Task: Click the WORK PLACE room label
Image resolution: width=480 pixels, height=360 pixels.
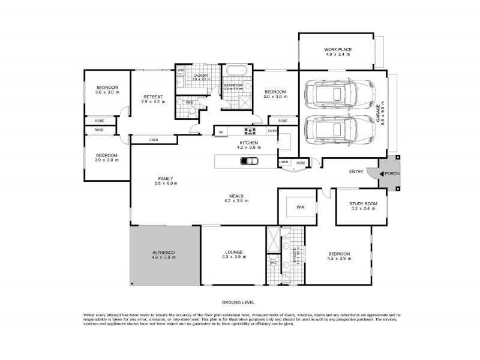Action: pos(338,49)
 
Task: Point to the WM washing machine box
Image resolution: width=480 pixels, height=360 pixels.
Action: pos(180,71)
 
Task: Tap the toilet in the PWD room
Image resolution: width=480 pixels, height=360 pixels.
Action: pos(179,103)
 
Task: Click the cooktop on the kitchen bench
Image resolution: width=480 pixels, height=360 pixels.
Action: pos(250,131)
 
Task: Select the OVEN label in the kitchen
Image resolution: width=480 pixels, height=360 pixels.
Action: pos(272,131)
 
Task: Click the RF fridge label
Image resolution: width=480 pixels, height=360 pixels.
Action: pos(221,132)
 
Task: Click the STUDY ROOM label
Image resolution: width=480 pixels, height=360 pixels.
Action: pos(362,203)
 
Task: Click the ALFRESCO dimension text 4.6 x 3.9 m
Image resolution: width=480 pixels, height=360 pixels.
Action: pos(163,257)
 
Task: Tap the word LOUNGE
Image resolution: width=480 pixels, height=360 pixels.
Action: pos(233,252)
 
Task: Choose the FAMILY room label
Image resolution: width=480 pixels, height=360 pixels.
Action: pos(166,178)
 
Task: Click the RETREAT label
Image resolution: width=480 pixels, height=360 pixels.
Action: pos(152,97)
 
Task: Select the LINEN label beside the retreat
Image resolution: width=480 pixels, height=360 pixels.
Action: pos(153,140)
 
